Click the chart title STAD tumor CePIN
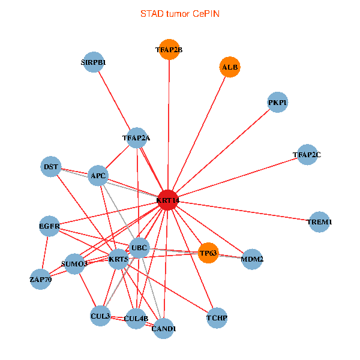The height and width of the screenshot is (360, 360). [x=179, y=13]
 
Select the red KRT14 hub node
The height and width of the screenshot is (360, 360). [x=169, y=200]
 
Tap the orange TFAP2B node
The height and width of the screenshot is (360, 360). [x=169, y=50]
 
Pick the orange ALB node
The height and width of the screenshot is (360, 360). [x=230, y=67]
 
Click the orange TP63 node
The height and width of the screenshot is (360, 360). [x=208, y=253]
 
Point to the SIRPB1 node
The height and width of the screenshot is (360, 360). [x=94, y=62]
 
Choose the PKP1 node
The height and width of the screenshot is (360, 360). [x=277, y=103]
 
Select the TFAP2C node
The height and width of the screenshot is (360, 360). [x=307, y=155]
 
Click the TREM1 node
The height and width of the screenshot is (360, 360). [x=319, y=222]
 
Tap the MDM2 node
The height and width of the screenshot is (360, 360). [x=252, y=259]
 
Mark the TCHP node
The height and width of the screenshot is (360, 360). [x=217, y=317]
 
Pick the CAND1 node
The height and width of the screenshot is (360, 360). [x=163, y=328]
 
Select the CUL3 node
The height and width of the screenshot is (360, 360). [x=100, y=316]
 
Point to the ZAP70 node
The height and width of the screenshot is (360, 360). [x=40, y=279]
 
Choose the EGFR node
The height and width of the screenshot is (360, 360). [x=49, y=226]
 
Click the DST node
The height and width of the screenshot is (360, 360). [x=52, y=166]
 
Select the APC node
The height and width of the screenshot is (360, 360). [x=98, y=176]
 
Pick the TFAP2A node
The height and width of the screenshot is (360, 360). [x=137, y=138]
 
